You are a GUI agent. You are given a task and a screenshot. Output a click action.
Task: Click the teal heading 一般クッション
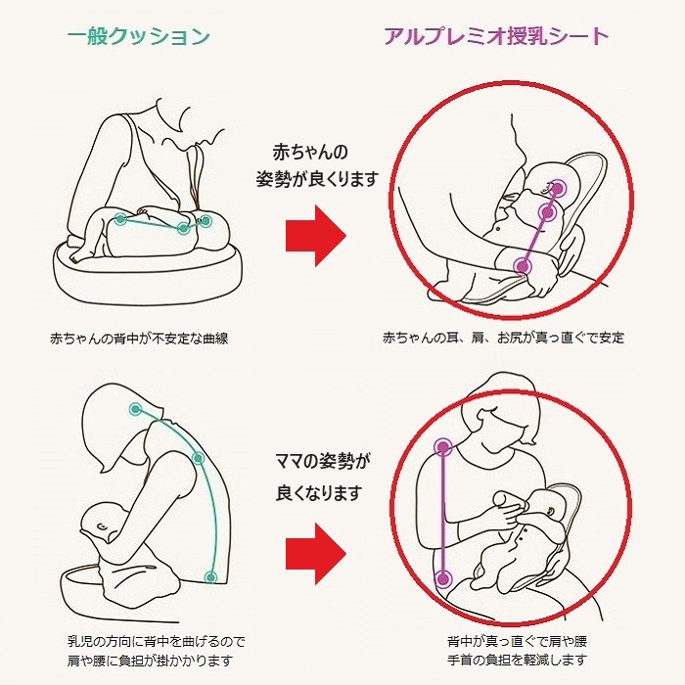tap(139, 38)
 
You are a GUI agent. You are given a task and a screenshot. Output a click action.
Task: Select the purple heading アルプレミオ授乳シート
tap(496, 37)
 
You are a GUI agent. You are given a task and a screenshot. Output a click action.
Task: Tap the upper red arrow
tap(315, 236)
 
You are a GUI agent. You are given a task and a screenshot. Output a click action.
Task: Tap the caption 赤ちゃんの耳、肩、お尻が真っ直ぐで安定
tap(503, 339)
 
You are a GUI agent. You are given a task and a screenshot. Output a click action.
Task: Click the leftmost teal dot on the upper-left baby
tap(120, 219)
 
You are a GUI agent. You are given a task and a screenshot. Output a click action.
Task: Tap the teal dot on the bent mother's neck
tap(135, 407)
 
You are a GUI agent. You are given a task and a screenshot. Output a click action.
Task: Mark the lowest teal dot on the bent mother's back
tap(209, 577)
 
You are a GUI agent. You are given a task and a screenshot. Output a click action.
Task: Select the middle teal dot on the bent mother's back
tap(199, 457)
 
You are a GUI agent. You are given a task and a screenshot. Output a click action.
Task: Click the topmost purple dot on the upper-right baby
tap(558, 186)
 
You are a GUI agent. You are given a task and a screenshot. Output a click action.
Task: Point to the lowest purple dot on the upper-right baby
tap(525, 264)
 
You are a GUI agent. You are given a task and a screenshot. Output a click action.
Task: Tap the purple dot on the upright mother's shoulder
tap(443, 448)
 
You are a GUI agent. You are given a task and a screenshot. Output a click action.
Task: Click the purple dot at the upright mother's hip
tap(443, 579)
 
